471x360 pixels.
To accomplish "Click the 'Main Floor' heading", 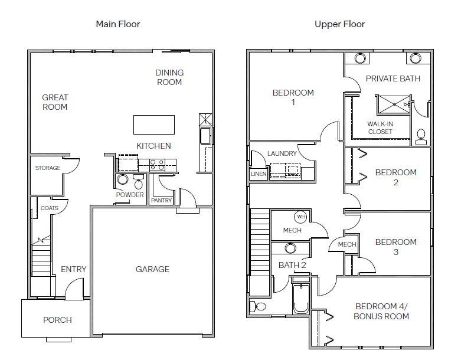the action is click(x=118, y=24).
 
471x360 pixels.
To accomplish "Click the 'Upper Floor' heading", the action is click(x=340, y=24).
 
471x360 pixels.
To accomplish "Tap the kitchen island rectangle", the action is click(x=154, y=125).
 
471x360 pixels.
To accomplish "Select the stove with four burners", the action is click(x=158, y=165).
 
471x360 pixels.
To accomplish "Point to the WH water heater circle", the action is click(x=300, y=217).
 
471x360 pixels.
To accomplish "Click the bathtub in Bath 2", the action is click(x=301, y=299).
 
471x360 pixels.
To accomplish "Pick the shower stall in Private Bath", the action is click(x=394, y=104).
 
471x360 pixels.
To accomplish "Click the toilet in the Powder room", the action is click(x=139, y=182).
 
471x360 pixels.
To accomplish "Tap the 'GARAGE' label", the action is click(x=153, y=269).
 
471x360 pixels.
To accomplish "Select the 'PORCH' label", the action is click(x=57, y=320).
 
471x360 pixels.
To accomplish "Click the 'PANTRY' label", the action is click(x=162, y=200).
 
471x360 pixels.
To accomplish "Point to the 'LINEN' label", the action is click(x=259, y=174).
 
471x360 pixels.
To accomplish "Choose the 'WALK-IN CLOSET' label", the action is click(x=380, y=127).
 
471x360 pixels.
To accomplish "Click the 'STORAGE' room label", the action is click(x=48, y=168).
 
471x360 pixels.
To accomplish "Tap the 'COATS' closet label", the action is click(x=49, y=208).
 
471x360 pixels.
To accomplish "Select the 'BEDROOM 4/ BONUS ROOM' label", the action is click(x=381, y=311).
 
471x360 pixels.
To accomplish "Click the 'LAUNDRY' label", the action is click(x=282, y=153).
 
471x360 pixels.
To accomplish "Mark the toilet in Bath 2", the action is click(x=258, y=306).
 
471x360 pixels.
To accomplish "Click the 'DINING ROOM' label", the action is click(x=169, y=77).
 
